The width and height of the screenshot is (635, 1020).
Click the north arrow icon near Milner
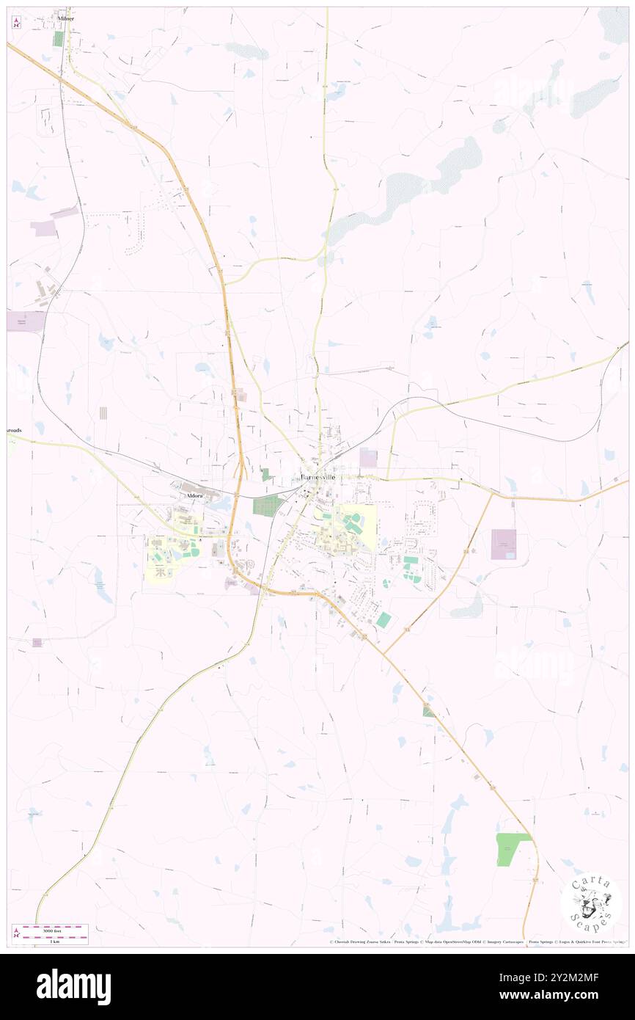[15, 22]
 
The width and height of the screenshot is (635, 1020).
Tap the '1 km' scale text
[50, 941]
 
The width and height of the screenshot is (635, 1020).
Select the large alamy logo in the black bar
[73, 986]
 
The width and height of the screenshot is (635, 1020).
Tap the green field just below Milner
[58, 39]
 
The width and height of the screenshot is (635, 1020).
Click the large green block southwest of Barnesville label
[268, 506]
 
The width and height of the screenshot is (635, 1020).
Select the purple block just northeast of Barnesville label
[368, 458]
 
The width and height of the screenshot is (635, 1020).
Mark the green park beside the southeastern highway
[511, 849]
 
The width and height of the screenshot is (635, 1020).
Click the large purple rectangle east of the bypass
[503, 544]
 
